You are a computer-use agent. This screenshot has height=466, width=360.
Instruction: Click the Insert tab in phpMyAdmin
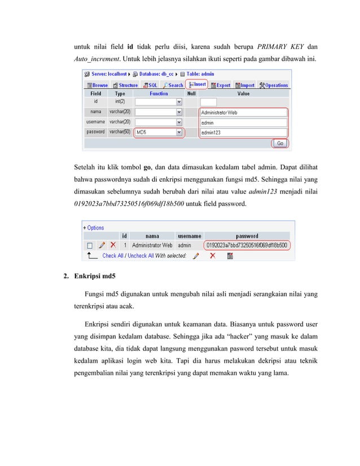point(197,85)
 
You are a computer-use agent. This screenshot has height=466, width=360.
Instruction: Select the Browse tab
point(96,85)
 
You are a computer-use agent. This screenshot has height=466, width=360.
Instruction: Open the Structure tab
point(125,85)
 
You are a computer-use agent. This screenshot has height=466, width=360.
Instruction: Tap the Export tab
point(221,85)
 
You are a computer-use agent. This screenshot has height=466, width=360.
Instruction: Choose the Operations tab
point(274,85)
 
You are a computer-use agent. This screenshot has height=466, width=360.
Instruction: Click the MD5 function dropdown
point(159,132)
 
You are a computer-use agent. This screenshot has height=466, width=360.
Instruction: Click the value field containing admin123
point(243,132)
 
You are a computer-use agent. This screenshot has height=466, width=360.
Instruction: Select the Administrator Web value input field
point(243,112)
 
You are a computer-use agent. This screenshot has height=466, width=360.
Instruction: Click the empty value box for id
point(243,102)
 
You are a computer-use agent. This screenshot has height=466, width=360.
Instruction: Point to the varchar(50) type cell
point(120,132)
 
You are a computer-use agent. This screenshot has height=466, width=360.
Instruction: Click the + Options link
point(94,228)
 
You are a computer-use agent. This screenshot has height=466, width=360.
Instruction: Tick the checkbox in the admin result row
point(89,245)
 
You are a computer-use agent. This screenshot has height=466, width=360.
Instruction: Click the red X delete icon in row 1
point(113,245)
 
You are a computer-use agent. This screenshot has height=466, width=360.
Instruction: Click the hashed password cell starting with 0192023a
point(247,245)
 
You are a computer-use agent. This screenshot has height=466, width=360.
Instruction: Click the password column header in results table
point(247,236)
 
